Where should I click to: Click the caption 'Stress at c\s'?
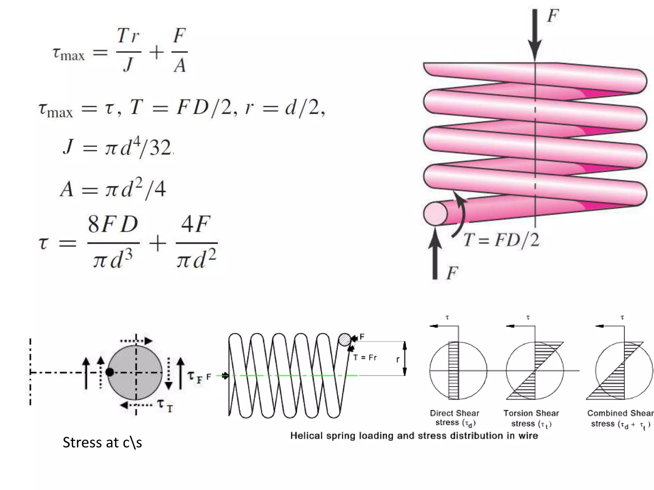coord(102,442)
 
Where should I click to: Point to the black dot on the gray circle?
coord(110,372)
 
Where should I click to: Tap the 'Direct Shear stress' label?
coord(454,418)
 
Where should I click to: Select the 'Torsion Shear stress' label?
coord(531,418)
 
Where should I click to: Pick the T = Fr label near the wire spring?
coord(365,358)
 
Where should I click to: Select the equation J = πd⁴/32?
coord(118,148)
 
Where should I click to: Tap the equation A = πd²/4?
coord(113,189)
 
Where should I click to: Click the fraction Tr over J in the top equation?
coord(128,50)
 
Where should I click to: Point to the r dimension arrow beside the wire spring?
coord(405,359)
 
